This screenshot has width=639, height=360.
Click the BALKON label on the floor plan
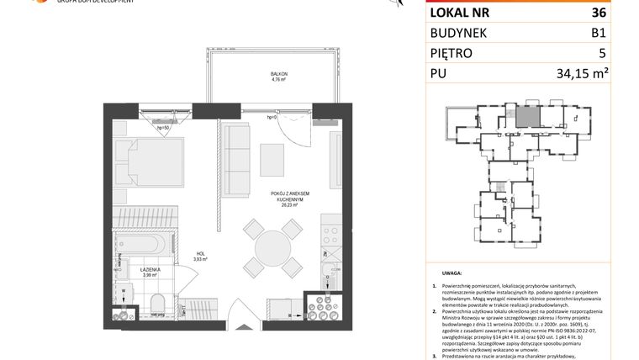[279, 75]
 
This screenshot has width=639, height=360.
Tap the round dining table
[272, 249]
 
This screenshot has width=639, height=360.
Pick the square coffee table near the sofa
[272, 156]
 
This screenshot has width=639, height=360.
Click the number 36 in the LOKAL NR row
[598, 13]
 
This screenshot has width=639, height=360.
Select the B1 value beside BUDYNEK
[598, 34]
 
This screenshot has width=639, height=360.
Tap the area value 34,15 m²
[583, 74]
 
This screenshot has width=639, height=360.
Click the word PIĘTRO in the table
[452, 54]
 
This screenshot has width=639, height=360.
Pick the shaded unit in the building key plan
[525, 117]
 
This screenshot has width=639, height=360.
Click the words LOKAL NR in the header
[460, 13]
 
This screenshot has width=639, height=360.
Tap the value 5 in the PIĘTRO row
[602, 54]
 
